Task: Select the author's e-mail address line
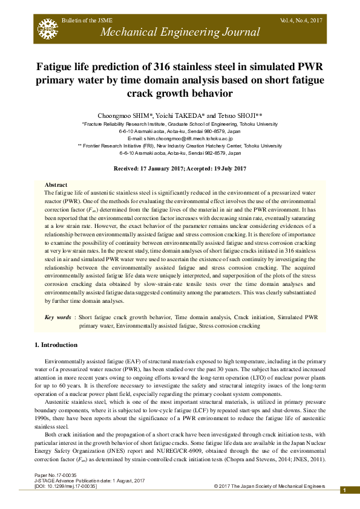pos(180,138)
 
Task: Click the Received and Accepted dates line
pos(180,168)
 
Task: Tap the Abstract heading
pos(56,184)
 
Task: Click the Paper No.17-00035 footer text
pos(56,476)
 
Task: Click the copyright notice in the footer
pos(269,486)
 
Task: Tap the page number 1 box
pos(344,490)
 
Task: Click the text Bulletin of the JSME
pos(86,21)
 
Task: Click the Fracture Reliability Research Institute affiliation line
pos(180,123)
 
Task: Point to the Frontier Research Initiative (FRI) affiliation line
pos(180,146)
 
